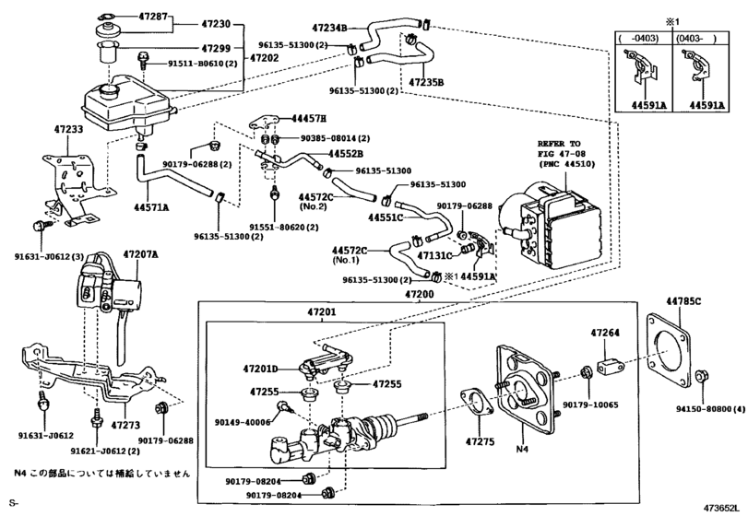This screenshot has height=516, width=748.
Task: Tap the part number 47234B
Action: [330, 28]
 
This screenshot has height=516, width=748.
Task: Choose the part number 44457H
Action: [310, 119]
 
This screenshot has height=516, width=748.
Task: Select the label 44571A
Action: [151, 208]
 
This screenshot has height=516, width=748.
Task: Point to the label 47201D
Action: [262, 369]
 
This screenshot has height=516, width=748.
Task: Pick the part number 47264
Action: [605, 332]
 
